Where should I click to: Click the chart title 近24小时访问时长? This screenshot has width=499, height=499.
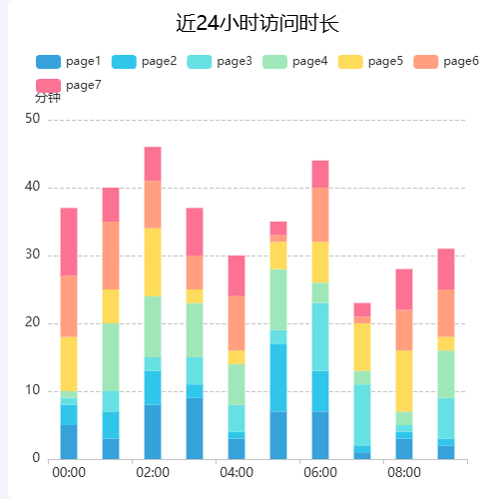coord(249,24)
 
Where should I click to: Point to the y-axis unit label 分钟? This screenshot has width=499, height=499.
coord(48,98)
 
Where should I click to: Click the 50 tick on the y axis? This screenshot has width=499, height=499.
coord(33,119)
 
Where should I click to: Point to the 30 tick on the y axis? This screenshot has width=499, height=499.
coord(33,254)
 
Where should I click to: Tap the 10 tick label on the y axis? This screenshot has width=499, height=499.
coord(33,390)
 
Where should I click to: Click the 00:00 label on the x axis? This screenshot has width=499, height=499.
coord(69,472)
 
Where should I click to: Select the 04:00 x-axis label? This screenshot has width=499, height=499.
coord(237,472)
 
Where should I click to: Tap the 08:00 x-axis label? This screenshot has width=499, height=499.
coord(404,472)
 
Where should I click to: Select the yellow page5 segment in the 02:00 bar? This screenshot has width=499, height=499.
coord(153,262)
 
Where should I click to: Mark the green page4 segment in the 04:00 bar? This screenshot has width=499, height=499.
coord(237,384)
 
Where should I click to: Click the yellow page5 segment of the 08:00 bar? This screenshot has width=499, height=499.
coord(404,380)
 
